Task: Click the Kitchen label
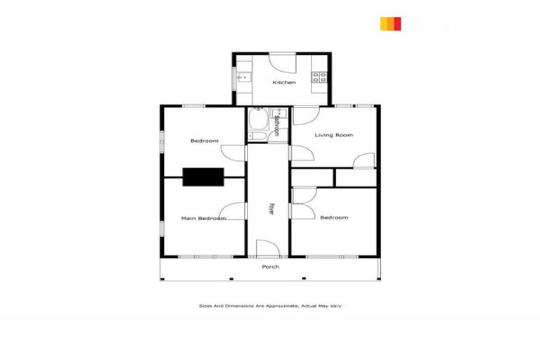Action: click(x=284, y=82)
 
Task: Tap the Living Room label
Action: click(x=333, y=135)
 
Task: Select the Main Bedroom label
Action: click(x=203, y=219)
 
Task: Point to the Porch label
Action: click(x=270, y=267)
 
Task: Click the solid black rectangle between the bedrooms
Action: click(x=203, y=176)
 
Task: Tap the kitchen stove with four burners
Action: click(x=320, y=77)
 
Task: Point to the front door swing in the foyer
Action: click(x=267, y=248)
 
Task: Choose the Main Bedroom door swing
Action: click(x=233, y=210)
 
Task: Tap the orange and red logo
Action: click(x=390, y=24)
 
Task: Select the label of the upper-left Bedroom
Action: click(x=204, y=141)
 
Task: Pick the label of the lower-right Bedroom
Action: click(x=333, y=218)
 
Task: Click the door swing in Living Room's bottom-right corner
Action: click(x=364, y=161)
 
